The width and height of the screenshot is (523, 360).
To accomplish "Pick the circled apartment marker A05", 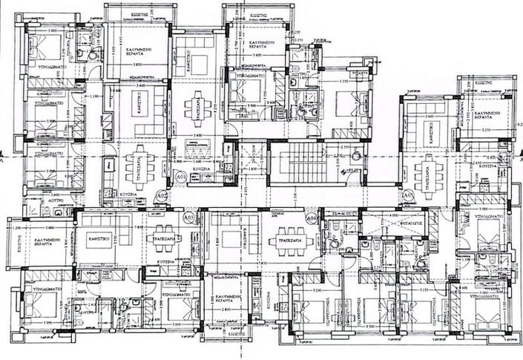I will [409, 194].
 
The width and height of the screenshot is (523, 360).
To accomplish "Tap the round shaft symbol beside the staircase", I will [355, 157].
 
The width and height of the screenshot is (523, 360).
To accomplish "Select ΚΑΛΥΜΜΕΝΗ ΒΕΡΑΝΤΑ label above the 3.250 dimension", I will [486, 108].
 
